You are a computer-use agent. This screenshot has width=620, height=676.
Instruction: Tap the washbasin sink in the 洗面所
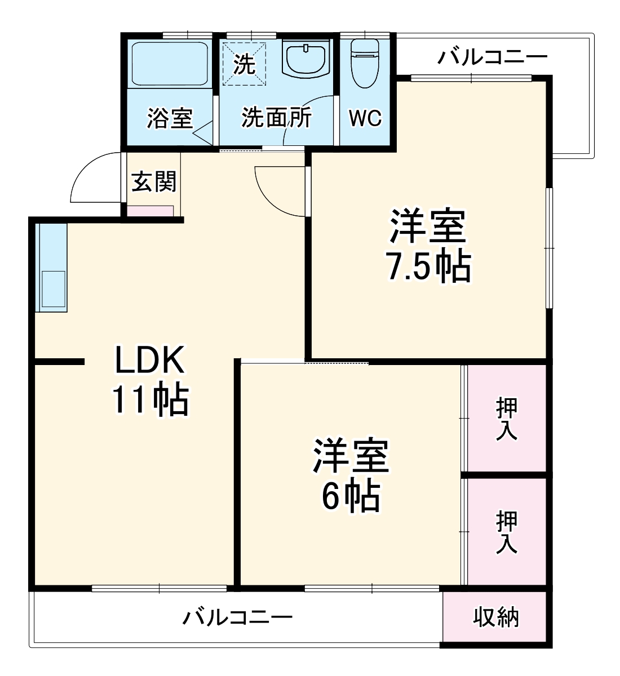305,59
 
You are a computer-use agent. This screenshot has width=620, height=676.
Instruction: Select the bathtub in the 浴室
169,63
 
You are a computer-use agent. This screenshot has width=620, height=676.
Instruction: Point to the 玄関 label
154,181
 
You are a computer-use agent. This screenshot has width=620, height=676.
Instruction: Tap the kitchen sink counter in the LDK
51,268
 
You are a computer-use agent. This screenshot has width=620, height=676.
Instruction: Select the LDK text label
149,361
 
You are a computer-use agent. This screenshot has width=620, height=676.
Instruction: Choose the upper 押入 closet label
507,419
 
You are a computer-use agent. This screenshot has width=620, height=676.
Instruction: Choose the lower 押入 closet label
507,532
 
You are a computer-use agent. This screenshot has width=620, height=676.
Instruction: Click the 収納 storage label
495,618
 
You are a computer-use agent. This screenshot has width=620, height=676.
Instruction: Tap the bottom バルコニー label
237,618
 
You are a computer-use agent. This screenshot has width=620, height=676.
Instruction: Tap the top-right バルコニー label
492,57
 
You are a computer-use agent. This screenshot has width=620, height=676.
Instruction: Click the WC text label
365,119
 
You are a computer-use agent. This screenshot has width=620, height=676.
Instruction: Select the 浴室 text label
170,118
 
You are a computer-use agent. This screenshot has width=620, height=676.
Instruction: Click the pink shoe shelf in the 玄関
150,211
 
